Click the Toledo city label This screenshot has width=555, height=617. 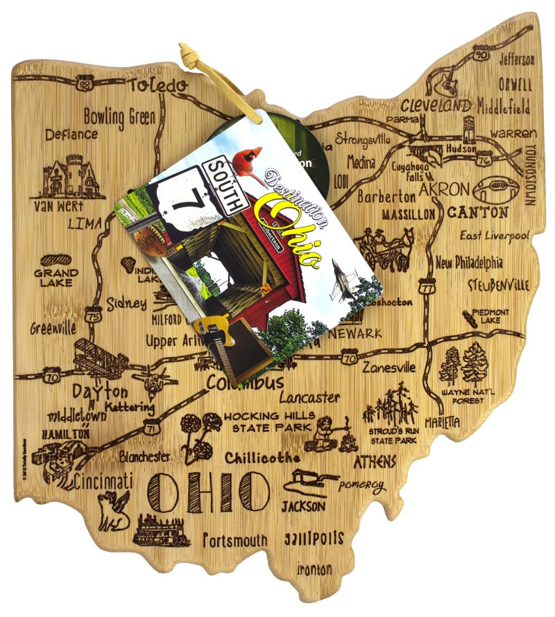click(x=157, y=86)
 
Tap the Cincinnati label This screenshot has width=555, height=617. click(x=104, y=480)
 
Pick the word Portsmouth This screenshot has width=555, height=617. click(x=235, y=539)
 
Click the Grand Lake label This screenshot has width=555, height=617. click(x=55, y=277)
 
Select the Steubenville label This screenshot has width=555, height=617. click(x=498, y=285)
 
